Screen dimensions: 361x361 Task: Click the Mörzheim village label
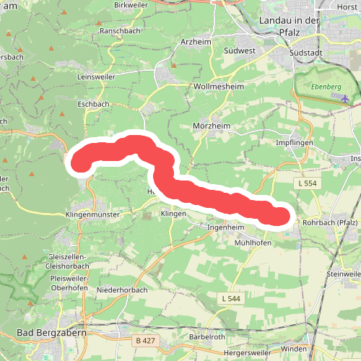[210, 125]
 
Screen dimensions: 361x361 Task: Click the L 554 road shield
[306, 185]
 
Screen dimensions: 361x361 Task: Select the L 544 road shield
[230, 298]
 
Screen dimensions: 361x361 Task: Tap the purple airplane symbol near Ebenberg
[345, 97]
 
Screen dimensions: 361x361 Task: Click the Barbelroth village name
[209, 337]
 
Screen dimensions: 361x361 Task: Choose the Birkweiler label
[131, 5]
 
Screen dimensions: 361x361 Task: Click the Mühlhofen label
[252, 243]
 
